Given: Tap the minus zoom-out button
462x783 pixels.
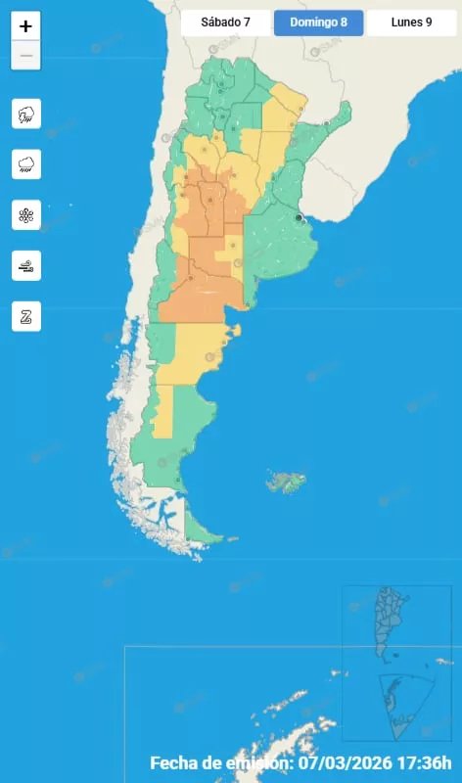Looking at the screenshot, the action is click(25, 56).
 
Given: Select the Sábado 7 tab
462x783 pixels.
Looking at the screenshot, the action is click(225, 23).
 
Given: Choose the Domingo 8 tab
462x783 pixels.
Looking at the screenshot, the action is click(318, 23).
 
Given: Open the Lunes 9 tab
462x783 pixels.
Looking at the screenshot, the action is click(412, 23).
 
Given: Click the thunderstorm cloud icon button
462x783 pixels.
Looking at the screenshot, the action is click(25, 115).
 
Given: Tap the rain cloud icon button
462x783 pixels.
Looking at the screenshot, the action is click(25, 164).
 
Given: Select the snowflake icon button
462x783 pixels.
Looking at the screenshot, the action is click(25, 215).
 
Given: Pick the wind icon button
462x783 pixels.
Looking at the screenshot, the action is click(25, 265).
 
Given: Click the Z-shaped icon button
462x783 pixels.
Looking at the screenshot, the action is click(25, 316).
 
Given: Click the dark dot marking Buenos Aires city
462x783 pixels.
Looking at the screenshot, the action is click(299, 217).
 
